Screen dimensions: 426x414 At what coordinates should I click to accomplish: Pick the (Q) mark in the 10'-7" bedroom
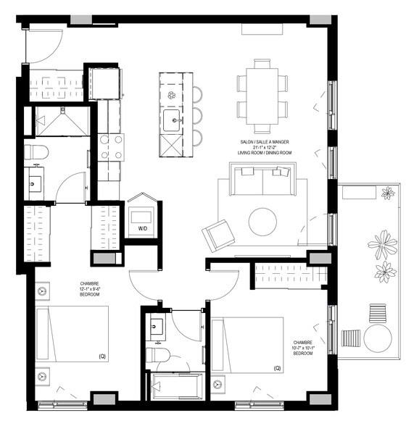pos(276,368)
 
